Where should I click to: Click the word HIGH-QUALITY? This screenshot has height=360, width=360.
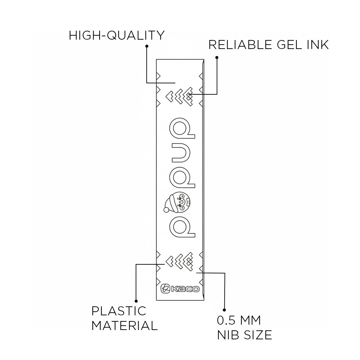(116, 35)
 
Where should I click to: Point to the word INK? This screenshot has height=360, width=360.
(318, 44)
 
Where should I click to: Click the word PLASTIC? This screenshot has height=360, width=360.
(119, 311)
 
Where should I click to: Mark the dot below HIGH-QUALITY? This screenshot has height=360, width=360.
(147, 46)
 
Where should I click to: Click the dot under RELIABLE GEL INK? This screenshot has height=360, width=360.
(217, 57)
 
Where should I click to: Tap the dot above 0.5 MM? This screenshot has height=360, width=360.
(224, 310)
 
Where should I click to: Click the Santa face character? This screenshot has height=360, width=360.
(180, 202)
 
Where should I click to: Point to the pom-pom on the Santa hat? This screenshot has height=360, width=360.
(166, 209)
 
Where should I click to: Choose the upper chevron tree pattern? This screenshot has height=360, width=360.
(180, 96)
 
